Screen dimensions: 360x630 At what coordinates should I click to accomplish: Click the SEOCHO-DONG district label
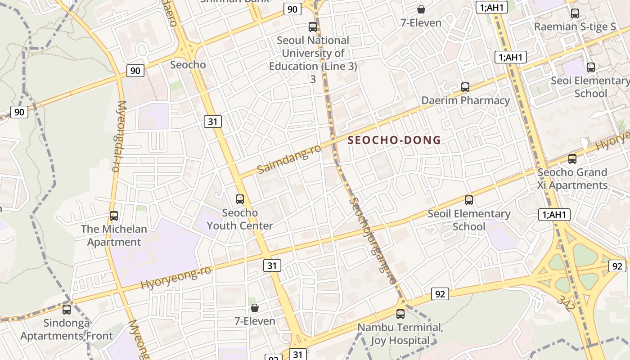point(394,140)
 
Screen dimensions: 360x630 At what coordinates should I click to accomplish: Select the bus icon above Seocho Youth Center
point(240,199)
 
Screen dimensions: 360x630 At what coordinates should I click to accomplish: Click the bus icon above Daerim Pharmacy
point(465,87)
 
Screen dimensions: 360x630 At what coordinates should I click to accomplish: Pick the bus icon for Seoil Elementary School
point(469,200)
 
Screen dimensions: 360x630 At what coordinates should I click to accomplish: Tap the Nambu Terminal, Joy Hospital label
point(400,334)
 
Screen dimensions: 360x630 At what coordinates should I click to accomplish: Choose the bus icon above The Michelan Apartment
point(114,216)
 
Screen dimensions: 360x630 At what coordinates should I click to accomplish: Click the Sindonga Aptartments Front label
point(67,329)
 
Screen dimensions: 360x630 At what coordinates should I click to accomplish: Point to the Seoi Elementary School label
point(590,87)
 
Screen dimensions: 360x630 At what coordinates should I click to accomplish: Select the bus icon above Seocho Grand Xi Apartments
point(572,158)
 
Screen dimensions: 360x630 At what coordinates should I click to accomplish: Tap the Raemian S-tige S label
point(575,27)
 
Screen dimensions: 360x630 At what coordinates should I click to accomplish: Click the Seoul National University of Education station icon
point(313,27)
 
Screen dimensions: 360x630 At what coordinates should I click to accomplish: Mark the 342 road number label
point(565,303)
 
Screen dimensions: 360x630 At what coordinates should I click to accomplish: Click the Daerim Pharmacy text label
point(465,100)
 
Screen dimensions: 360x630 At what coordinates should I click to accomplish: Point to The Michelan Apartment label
point(114,235)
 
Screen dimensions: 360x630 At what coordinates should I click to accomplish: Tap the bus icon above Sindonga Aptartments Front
point(67,309)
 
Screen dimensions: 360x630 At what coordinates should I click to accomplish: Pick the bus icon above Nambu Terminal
point(400,314)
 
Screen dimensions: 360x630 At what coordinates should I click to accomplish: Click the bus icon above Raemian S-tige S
point(575,13)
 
